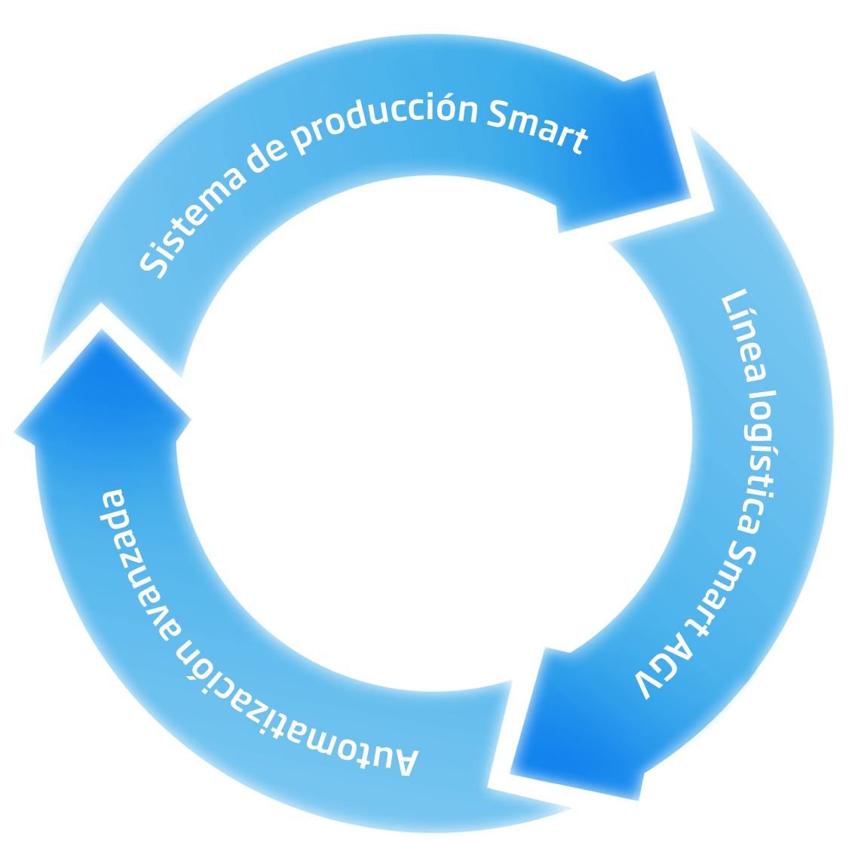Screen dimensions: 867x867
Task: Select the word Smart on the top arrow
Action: (x=537, y=127)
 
